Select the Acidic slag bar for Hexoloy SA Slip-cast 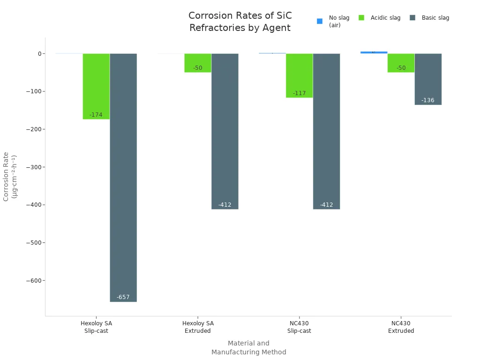(x=96, y=86)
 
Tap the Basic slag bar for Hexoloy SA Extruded (x=225, y=131)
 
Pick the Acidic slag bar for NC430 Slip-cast (x=299, y=75)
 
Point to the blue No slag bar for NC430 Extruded (x=374, y=52)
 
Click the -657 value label (x=123, y=297)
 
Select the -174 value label (x=96, y=115)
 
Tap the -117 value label (x=299, y=93)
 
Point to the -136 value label (x=428, y=100)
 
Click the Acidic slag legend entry (x=380, y=18)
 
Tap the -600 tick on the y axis (x=31, y=280)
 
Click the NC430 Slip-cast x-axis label (x=299, y=327)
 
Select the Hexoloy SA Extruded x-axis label (x=198, y=327)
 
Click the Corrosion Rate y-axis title (x=10, y=176)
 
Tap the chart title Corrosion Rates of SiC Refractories (x=240, y=22)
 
